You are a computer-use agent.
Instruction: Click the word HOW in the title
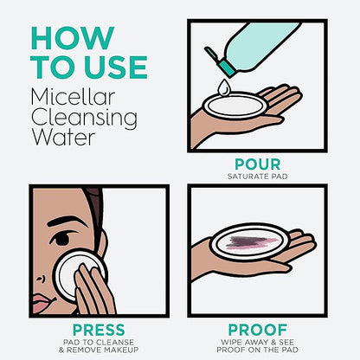[x=73, y=38]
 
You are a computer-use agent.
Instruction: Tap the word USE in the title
[x=117, y=67]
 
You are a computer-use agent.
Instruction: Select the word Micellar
[x=73, y=97]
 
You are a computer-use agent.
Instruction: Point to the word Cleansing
[x=84, y=119]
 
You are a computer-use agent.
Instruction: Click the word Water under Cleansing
[x=63, y=138]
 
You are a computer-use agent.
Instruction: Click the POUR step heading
[x=258, y=164]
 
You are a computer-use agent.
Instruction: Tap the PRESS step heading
[x=99, y=330]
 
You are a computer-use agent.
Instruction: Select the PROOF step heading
[x=258, y=330]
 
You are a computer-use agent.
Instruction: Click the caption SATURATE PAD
[x=258, y=177]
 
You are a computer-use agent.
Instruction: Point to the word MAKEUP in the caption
[x=121, y=350]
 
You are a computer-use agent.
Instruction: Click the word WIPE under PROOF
[x=231, y=343]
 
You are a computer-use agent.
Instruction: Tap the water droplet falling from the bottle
[x=224, y=87]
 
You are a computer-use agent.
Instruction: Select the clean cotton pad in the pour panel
[x=235, y=106]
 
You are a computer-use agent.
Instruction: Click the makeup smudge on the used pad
[x=252, y=242]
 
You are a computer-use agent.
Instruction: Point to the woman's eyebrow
[x=66, y=222]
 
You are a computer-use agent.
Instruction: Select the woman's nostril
[x=40, y=279]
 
